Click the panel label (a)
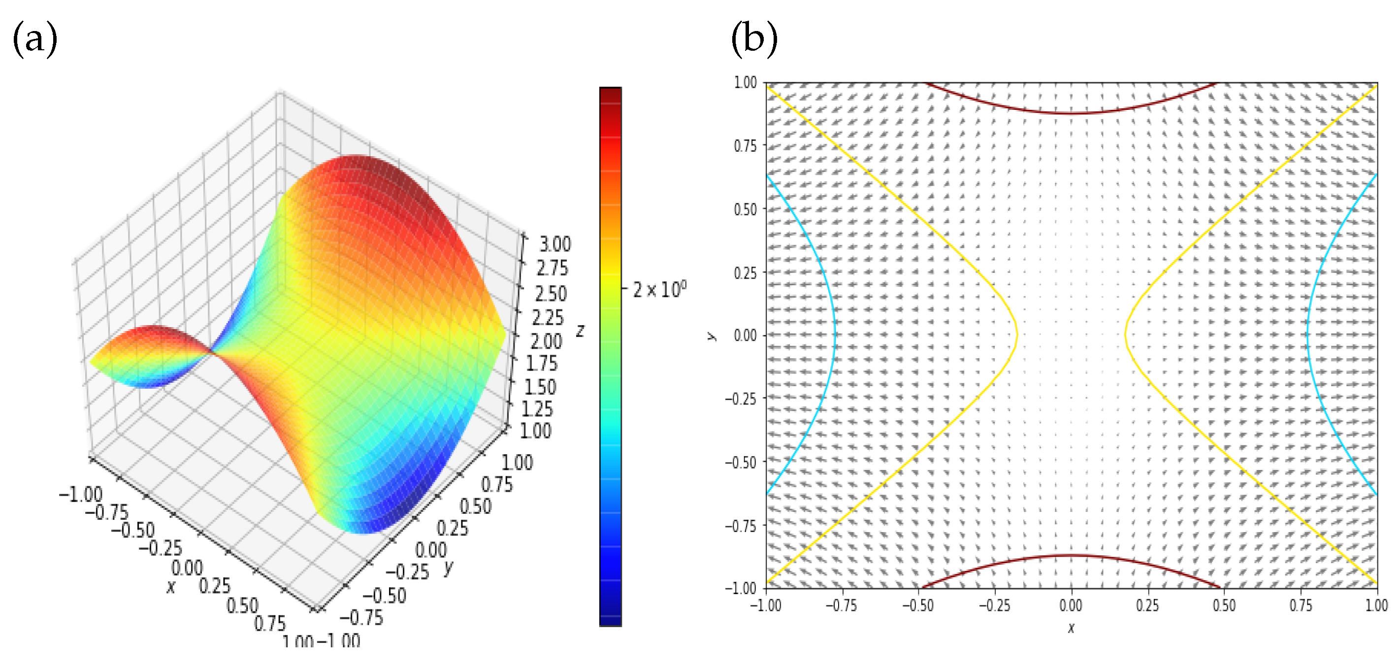[35, 39]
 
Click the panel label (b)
[754, 39]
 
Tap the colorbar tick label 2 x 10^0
[659, 289]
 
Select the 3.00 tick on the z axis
[555, 244]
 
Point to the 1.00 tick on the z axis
[535, 431]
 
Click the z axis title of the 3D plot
[581, 330]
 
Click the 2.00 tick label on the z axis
[546, 341]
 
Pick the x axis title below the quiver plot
[1071, 628]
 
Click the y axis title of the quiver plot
[711, 335]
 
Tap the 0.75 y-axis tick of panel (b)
[745, 146]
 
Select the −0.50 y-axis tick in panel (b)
[741, 462]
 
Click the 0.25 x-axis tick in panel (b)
[1147, 605]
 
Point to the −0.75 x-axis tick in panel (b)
[841, 605]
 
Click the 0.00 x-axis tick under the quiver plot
[1071, 605]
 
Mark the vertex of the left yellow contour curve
[1016, 334]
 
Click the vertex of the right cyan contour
[1307, 334]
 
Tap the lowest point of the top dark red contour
[1071, 113]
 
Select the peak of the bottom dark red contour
[1071, 555]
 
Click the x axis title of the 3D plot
[171, 587]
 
